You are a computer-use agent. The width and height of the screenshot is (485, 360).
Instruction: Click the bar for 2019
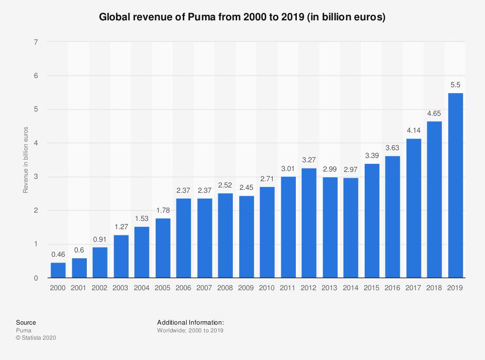pos(456,186)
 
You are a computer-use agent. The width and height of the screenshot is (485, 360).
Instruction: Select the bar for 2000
pos(58,270)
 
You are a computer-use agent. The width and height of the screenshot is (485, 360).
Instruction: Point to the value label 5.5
pos(456,84)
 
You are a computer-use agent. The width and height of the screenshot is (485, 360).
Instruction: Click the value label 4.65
pos(435,113)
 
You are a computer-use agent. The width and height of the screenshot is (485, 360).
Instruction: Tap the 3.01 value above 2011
pos(289,168)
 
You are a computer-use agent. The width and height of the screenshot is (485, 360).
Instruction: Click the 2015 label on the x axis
pos(372,288)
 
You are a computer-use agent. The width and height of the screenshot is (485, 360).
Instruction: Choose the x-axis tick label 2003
pos(121,288)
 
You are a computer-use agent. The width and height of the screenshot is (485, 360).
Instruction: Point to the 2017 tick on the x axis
pos(414,288)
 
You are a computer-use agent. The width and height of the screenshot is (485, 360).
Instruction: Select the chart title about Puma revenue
pos(242,18)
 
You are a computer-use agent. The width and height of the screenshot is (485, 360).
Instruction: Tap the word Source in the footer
pos(26,323)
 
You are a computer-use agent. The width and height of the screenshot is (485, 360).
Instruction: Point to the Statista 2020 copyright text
pos(36,338)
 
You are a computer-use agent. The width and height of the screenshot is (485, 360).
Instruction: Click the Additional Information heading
pos(190,323)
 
